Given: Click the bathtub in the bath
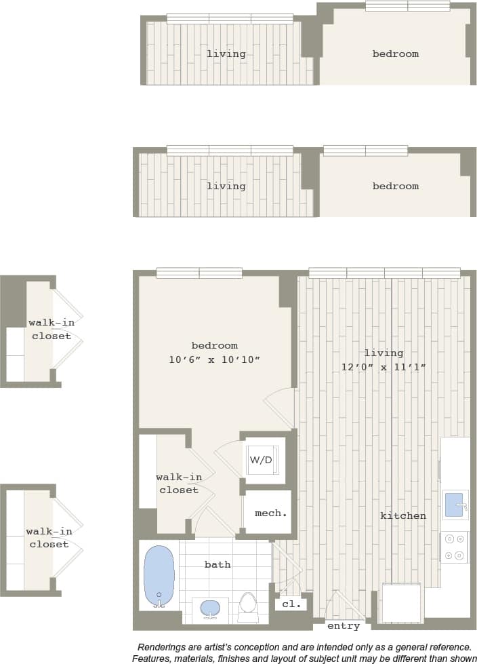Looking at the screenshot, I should click(160, 575).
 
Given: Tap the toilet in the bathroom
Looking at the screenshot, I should click(249, 606).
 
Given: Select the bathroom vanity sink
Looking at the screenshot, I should click(210, 607).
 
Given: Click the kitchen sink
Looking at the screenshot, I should click(455, 505).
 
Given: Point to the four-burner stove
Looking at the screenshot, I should click(455, 547).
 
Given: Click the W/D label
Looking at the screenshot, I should click(261, 460).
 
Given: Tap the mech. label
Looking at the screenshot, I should click(270, 513).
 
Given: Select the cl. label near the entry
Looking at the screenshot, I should click(291, 604).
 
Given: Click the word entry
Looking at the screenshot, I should click(344, 625).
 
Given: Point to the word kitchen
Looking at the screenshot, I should click(403, 515).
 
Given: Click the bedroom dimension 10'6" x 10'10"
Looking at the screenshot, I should click(215, 360).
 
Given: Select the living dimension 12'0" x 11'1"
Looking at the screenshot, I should click(383, 368).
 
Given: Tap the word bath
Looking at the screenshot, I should click(217, 564).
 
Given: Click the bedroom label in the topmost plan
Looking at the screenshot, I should click(396, 54).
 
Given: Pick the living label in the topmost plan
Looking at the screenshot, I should click(226, 54).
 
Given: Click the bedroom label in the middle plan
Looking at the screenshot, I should click(396, 186).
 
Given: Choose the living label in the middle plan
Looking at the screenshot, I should click(226, 186).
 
